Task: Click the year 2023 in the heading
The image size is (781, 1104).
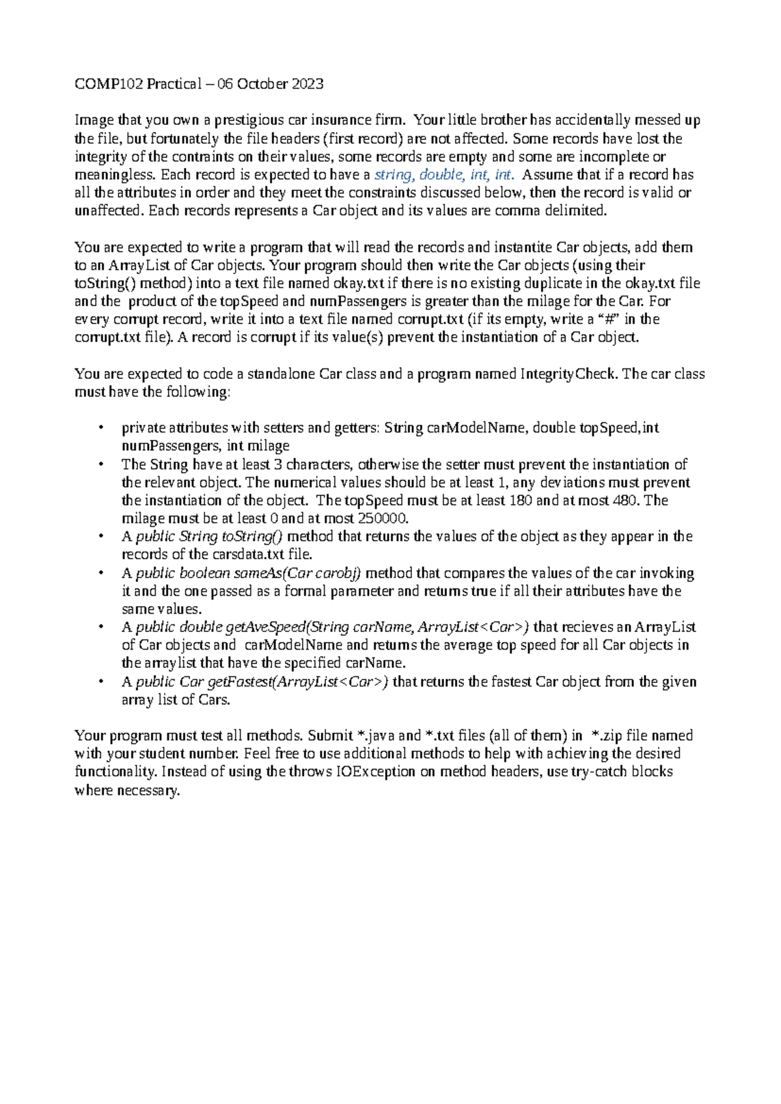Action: coord(307,84)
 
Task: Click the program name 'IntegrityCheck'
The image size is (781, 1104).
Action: coord(568,374)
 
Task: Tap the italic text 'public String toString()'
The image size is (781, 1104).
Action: coord(209,537)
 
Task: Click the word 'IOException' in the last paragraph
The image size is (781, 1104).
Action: coord(376,772)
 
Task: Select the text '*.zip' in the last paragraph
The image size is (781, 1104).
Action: coord(606,736)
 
